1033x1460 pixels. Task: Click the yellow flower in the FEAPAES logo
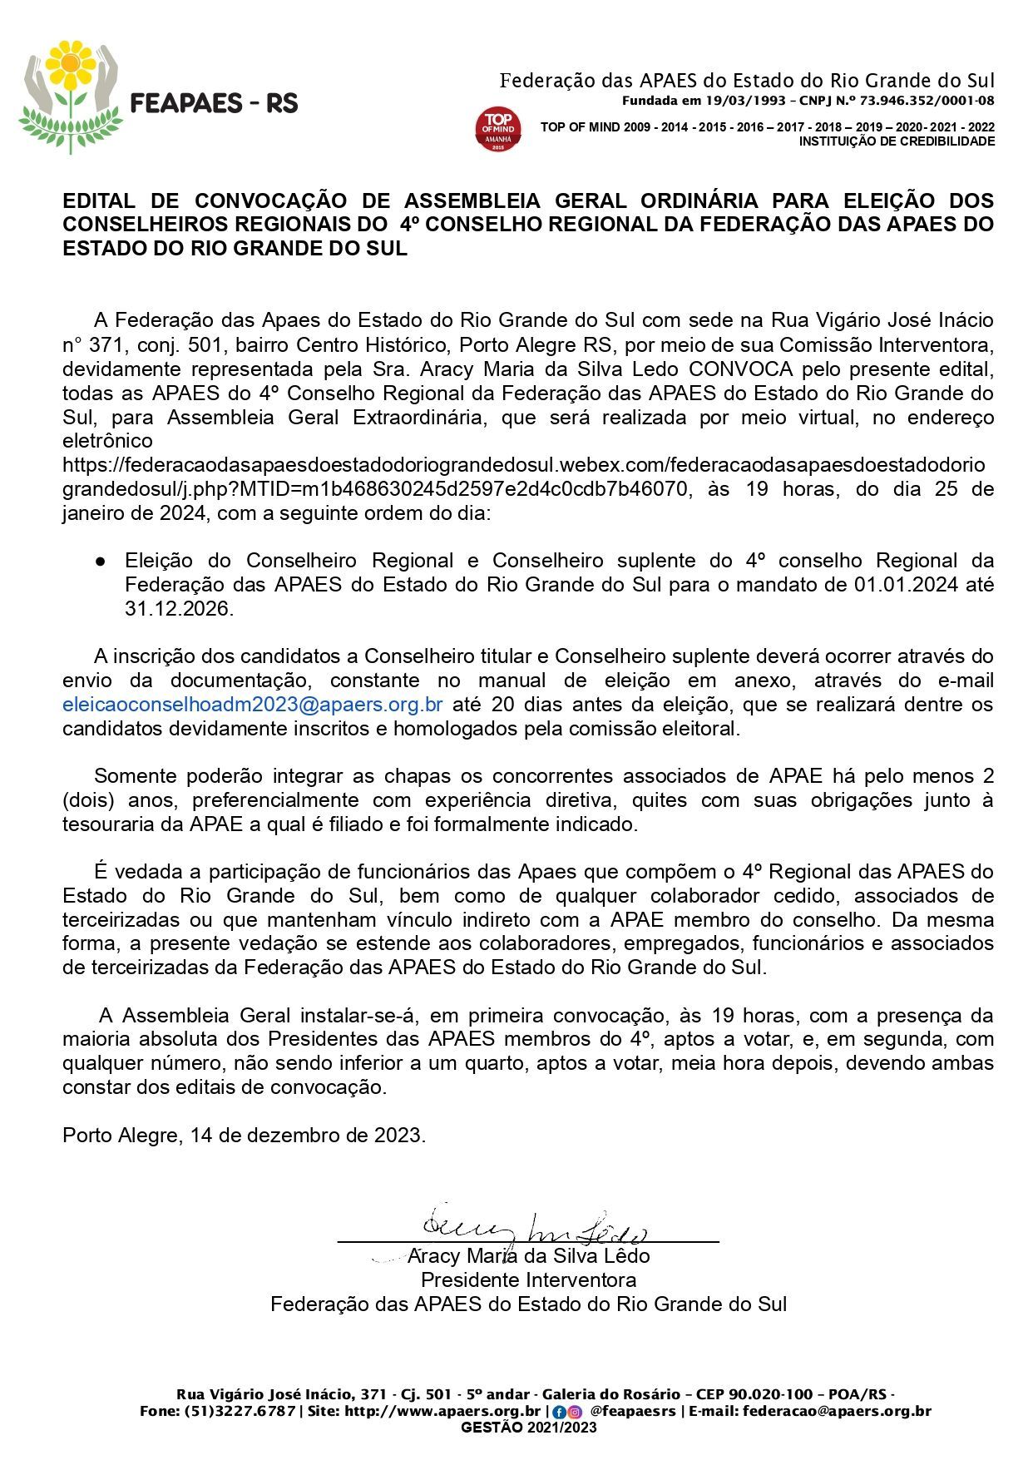[70, 64]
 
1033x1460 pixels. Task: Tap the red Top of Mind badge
[498, 129]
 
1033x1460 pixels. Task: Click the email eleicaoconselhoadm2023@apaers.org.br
[252, 705]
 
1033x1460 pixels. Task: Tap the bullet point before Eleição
[100, 561]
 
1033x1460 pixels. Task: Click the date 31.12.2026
[176, 609]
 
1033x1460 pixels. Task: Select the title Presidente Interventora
[528, 1279]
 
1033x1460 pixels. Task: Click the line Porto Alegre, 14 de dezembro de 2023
[244, 1136]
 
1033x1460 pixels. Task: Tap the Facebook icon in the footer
[559, 1412]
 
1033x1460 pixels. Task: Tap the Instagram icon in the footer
[574, 1412]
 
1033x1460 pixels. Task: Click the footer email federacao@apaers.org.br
[837, 1411]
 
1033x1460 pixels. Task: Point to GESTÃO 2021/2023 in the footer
[528, 1428]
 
